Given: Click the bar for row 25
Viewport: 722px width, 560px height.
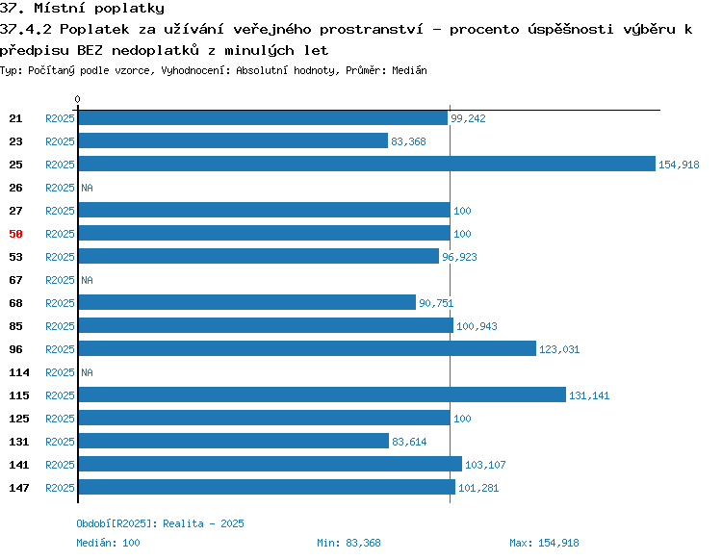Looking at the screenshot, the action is coord(367,164).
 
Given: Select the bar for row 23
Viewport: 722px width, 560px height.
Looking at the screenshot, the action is coord(233,140).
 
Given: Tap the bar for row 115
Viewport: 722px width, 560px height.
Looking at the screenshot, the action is coord(322,395).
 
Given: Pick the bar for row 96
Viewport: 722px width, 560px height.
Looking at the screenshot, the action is coord(307,348).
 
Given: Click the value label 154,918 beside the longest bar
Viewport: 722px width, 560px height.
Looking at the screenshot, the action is coord(679,165).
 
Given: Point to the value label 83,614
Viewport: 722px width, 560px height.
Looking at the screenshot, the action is coord(409,442).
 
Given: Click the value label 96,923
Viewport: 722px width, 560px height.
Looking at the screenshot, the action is coord(459,257).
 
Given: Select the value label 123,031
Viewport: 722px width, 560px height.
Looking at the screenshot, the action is coord(559,349).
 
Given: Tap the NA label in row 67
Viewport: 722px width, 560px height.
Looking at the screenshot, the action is coord(87,280).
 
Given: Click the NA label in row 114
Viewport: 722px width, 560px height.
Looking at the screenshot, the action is coord(87,372).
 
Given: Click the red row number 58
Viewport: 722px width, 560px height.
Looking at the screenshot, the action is coord(15,234).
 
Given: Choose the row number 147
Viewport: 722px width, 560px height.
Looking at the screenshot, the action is coord(19,488).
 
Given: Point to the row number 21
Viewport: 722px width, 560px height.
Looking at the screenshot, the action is coord(15,118).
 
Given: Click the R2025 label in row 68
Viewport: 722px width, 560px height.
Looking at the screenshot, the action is coord(60,303).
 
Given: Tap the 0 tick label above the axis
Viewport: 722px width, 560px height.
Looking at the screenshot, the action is coord(77,99).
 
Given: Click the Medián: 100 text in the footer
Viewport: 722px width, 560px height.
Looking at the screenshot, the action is coord(108,543).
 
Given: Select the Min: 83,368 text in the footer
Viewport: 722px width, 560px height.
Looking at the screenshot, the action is coord(349,543).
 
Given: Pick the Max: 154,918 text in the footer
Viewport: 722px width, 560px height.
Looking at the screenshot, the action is coord(544,543).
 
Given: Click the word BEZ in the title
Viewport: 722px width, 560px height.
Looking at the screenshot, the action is coord(90,50).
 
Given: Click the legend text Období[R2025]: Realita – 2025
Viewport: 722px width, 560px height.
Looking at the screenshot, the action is coord(160,523).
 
